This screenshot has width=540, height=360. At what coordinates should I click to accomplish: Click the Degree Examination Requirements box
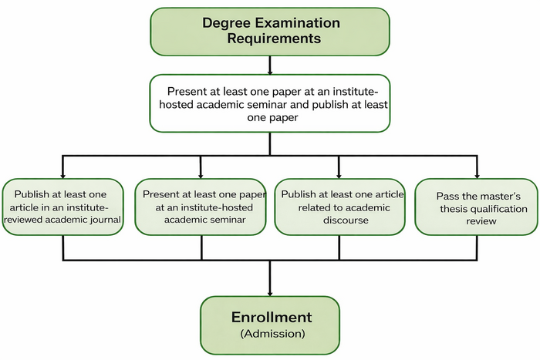pyautogui.click(x=269, y=30)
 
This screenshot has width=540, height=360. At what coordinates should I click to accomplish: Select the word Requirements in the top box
pyautogui.click(x=269, y=39)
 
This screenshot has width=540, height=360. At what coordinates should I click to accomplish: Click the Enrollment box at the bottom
pyautogui.click(x=269, y=324)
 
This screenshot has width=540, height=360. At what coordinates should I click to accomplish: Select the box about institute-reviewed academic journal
pyautogui.click(x=65, y=207)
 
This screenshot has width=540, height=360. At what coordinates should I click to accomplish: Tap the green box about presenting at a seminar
pyautogui.click(x=201, y=207)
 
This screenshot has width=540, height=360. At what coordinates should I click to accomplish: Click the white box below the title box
pyautogui.click(x=269, y=103)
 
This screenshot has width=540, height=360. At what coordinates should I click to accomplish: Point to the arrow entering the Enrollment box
pyautogui.click(x=269, y=291)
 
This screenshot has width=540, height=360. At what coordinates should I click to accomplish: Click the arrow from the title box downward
pyautogui.click(x=269, y=66)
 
